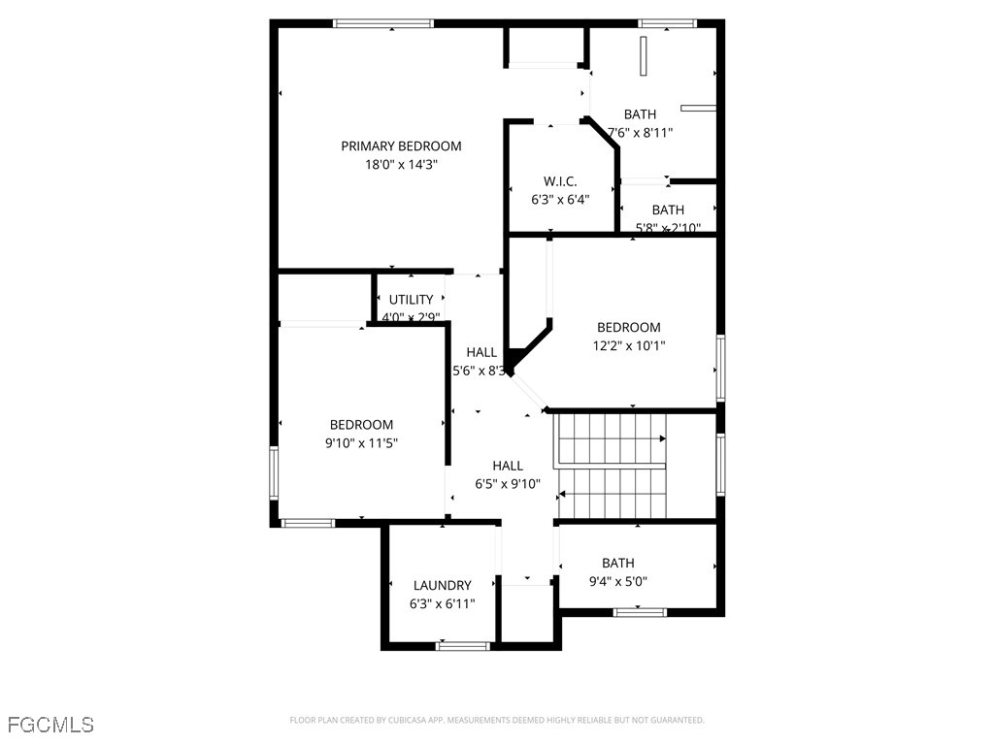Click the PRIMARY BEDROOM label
[401, 146]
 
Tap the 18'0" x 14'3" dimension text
[401, 165]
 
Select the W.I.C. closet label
[560, 181]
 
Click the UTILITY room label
[411, 300]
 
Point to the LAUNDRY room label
[442, 585]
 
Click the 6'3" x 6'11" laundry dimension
[442, 603]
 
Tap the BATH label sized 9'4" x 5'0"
[617, 563]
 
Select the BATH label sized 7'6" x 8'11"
[640, 114]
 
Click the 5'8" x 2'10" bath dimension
[668, 229]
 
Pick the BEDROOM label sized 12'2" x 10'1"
[628, 327]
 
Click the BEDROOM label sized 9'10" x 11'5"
[361, 424]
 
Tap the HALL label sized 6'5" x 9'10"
[507, 466]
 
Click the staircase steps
[612, 466]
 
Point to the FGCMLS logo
[50, 725]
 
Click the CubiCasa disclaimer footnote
[496, 720]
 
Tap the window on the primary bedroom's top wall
[382, 23]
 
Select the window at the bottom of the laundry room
[463, 645]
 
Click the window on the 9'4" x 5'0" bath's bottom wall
[641, 612]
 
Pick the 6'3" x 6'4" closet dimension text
[560, 200]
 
